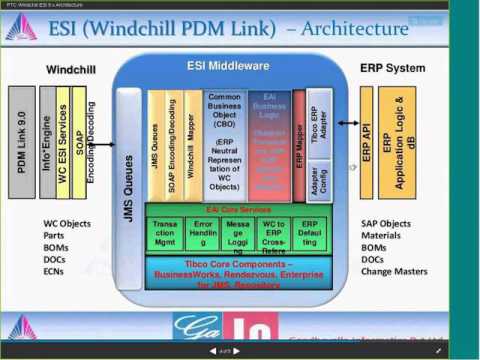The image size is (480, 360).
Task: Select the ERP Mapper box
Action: (300, 145)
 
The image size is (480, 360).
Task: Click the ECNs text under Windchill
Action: (63, 271)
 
